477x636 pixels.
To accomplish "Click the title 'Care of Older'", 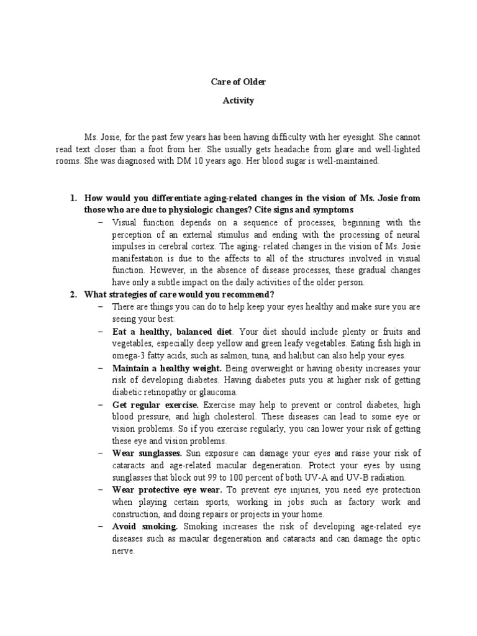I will click(x=238, y=81).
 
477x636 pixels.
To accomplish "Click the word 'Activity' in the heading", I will click(x=238, y=101).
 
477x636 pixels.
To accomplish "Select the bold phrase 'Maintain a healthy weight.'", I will click(x=166, y=368).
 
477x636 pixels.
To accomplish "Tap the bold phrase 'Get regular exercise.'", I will click(x=154, y=404).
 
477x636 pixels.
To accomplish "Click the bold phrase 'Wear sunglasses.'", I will click(x=147, y=453).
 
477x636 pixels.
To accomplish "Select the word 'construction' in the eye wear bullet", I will click(x=136, y=514).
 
